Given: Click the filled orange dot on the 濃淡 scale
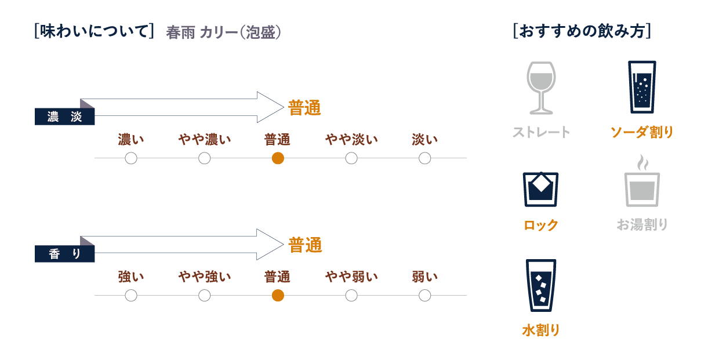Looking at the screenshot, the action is point(278,158).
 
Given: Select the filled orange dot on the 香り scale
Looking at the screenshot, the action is point(278,296).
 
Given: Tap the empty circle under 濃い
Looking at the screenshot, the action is point(131,158).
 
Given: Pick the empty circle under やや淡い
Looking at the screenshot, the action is point(351,158).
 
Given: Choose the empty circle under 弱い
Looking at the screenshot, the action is point(424,296).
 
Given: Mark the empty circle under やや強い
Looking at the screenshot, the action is point(204,296).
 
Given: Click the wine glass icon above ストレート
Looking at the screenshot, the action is point(541,88).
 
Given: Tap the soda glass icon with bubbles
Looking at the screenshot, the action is point(642,87).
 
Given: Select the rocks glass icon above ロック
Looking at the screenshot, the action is point(540,190).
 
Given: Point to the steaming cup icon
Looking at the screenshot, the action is point(642,181).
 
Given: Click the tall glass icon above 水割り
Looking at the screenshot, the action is point(541,285).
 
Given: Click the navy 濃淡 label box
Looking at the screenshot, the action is point(64,117).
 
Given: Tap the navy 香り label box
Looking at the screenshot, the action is point(64,254).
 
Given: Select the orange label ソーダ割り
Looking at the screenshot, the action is point(642,132).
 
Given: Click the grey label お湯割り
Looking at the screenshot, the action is point(642,225).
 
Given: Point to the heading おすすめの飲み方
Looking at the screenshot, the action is point(582,31).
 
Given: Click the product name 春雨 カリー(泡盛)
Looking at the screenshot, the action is point(223,32).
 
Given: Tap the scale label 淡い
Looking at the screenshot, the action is point(424,139).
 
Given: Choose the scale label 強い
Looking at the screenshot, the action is point(131,277).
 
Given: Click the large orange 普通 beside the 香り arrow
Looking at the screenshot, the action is point(305,245).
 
